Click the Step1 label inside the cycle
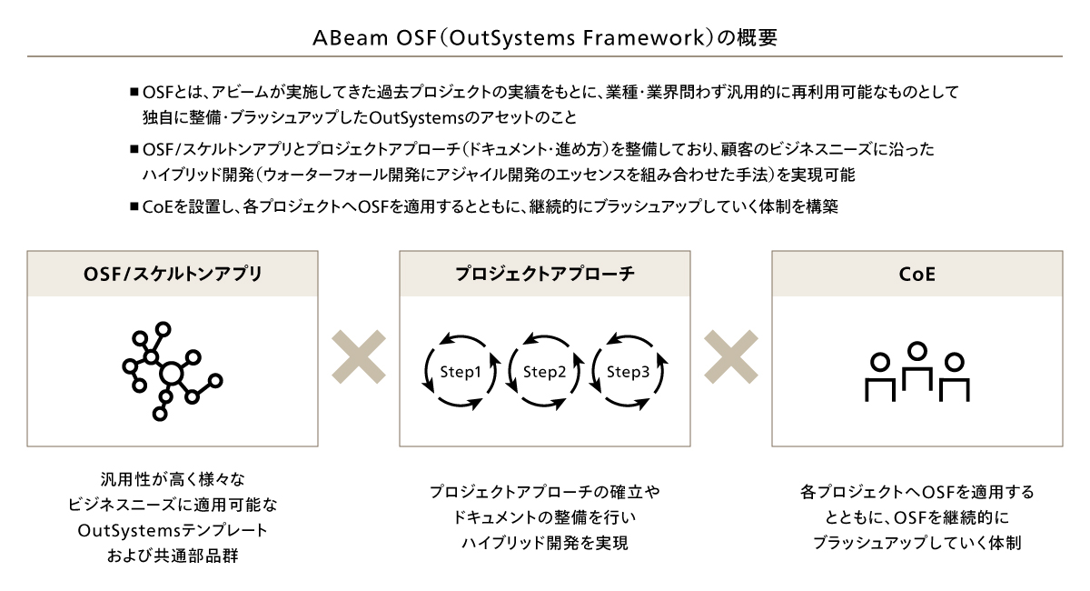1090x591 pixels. [x=461, y=372]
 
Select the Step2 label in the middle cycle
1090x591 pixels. [x=544, y=372]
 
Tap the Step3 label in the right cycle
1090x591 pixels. [x=628, y=372]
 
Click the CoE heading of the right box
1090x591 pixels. [x=917, y=275]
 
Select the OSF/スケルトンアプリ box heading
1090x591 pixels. [x=173, y=275]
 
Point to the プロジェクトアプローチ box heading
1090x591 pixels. [x=545, y=274]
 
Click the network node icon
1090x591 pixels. [x=173, y=371]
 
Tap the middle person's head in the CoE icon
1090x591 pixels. [x=917, y=351]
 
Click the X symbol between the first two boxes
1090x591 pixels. [x=359, y=356]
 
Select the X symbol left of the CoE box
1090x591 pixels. [x=731, y=356]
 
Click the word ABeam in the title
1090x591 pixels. [x=350, y=38]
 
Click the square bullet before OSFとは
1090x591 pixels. [x=134, y=92]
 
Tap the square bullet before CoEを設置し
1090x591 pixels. [x=134, y=206]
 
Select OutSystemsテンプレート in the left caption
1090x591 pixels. [x=173, y=530]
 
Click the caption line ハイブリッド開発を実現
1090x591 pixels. [x=545, y=543]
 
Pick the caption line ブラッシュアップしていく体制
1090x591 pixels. [x=917, y=543]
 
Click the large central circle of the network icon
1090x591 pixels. [x=172, y=375]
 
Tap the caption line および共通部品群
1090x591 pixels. [x=173, y=556]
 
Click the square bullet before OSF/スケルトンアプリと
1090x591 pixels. [x=134, y=149]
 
